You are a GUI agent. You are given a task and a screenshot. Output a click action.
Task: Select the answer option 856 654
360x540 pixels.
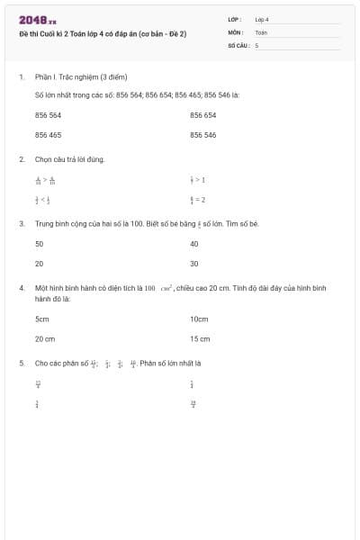coord(202,115)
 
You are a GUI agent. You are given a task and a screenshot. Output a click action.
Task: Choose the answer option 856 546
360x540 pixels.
coord(202,135)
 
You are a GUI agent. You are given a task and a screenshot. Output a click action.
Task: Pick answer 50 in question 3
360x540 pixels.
coord(39,244)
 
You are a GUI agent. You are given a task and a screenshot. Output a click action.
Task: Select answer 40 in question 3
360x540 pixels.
coord(194,244)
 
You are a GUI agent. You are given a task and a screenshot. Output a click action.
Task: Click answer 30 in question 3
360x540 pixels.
coord(194,264)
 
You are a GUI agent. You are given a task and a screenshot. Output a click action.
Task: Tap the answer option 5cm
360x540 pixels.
coord(41,319)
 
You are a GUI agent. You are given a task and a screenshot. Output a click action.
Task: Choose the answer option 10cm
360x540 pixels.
coord(199,319)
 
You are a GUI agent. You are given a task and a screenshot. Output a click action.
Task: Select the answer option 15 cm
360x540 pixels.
coord(200,339)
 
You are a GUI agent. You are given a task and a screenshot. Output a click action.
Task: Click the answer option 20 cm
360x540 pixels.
coord(45,339)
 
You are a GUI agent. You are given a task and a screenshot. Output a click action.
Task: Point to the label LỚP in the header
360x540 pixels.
coord(235,19)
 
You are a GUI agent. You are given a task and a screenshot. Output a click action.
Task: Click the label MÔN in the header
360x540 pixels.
coord(235,31)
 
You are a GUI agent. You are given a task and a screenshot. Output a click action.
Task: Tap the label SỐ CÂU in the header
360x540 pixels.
coord(238,44)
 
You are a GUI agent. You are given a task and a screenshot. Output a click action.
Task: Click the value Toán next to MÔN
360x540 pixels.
coord(261,31)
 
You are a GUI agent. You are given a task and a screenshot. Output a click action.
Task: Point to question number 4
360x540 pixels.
coord(21,287)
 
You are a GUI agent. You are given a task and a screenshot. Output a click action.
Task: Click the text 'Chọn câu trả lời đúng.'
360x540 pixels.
coord(69,159)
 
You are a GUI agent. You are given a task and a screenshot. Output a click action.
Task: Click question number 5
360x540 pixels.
coord(21,363)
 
